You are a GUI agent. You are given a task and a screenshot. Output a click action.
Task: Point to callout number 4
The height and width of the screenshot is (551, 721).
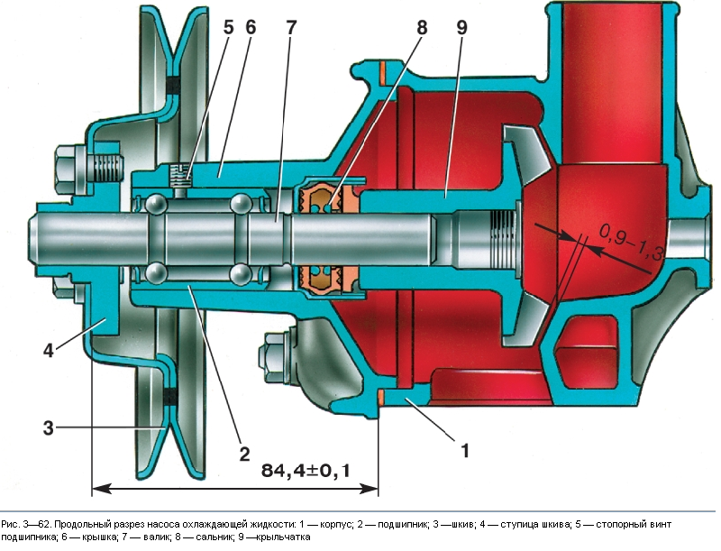[x=50, y=351]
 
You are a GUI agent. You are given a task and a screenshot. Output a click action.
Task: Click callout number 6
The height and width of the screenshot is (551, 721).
[x=250, y=28]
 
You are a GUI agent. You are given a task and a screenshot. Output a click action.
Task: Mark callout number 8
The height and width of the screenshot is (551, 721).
[x=423, y=28]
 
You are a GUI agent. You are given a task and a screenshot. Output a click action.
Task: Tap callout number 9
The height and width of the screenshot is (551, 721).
[x=461, y=28]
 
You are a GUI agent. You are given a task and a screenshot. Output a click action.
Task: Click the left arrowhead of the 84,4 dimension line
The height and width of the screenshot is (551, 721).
[x=97, y=490]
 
